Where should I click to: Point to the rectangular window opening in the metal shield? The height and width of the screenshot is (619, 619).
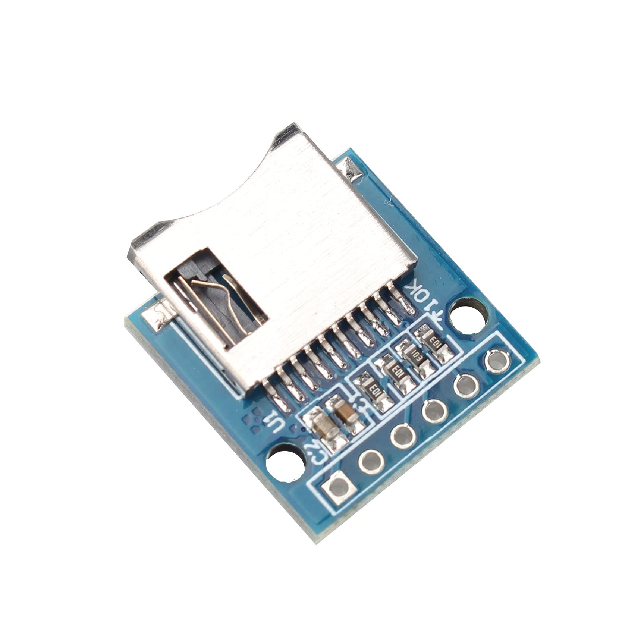tap(216, 298)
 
